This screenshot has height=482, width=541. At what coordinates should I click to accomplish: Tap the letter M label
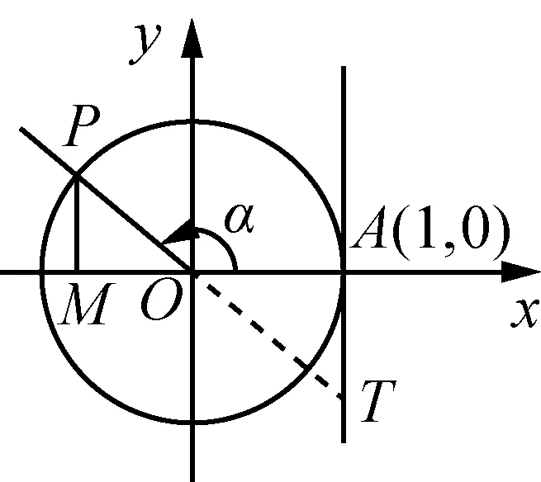point(83,308)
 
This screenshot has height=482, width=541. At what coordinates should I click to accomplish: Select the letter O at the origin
point(157,307)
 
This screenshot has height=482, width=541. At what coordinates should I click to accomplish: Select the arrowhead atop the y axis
point(193,37)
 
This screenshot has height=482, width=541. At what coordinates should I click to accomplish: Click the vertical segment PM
point(76,223)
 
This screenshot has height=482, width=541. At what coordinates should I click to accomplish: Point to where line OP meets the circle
point(76,174)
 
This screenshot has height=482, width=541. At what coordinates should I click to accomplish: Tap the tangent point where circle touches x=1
point(343,271)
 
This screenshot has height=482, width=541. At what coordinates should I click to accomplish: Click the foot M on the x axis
point(76,271)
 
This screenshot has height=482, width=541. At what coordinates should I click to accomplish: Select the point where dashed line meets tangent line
point(343,399)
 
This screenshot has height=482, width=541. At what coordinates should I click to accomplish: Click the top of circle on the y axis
point(193,120)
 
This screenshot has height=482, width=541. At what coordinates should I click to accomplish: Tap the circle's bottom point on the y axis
point(193,422)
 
